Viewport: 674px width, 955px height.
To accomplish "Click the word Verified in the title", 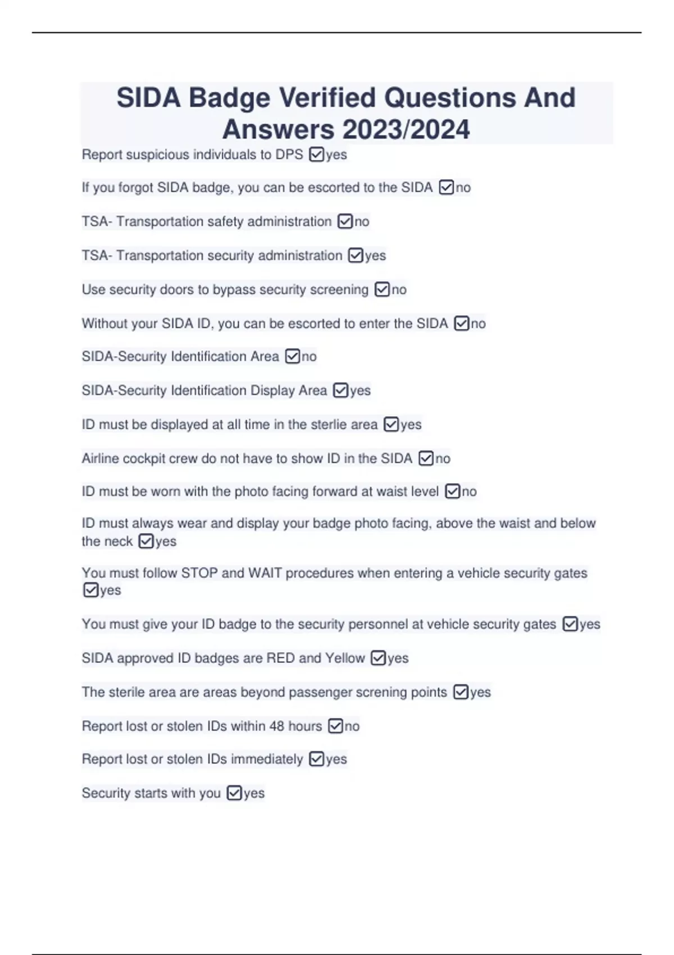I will pos(327,98).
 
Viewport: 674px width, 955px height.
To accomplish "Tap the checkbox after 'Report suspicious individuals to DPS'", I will pos(316,154).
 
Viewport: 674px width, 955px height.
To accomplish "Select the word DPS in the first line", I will pos(289,154).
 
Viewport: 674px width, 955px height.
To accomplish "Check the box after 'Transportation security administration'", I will pos(356,256).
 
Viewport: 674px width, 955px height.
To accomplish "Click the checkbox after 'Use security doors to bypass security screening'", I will pos(382,290).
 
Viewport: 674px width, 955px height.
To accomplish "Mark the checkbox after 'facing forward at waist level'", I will pos(452,492).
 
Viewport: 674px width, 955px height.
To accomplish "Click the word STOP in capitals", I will pos(199,573).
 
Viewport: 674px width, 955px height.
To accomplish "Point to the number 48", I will pos(276,726).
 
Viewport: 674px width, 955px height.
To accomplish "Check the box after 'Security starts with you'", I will pos(234,793).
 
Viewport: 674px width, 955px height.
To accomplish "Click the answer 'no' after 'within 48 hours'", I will pos(352,726).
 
